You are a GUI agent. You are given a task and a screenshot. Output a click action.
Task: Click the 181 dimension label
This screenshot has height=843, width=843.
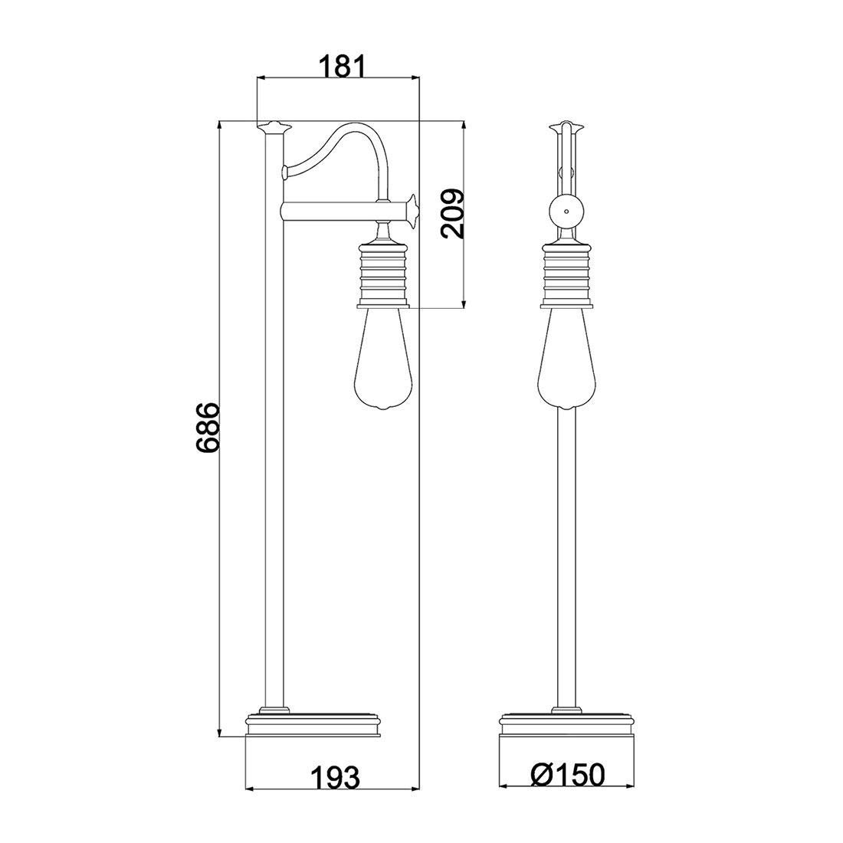point(343,67)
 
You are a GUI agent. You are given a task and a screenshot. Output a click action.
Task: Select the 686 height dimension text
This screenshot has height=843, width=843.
point(208,428)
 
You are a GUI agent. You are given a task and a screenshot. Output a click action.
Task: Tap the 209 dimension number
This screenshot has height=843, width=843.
point(452,214)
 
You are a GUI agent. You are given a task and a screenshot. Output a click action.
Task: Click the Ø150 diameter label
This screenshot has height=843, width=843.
point(567,775)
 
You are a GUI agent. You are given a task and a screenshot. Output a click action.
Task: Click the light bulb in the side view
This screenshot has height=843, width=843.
point(382,359)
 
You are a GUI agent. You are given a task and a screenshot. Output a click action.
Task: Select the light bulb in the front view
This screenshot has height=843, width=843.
point(566,359)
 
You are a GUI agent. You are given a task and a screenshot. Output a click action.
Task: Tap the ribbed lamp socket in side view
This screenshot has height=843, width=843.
point(382,274)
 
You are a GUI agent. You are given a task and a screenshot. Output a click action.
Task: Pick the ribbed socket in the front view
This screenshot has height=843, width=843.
point(566,274)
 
